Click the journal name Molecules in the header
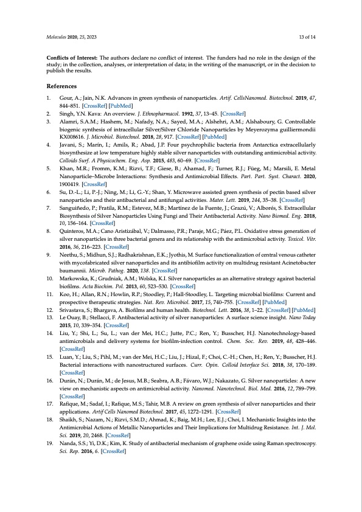pos(57,37)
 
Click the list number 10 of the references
pos(50,278)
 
